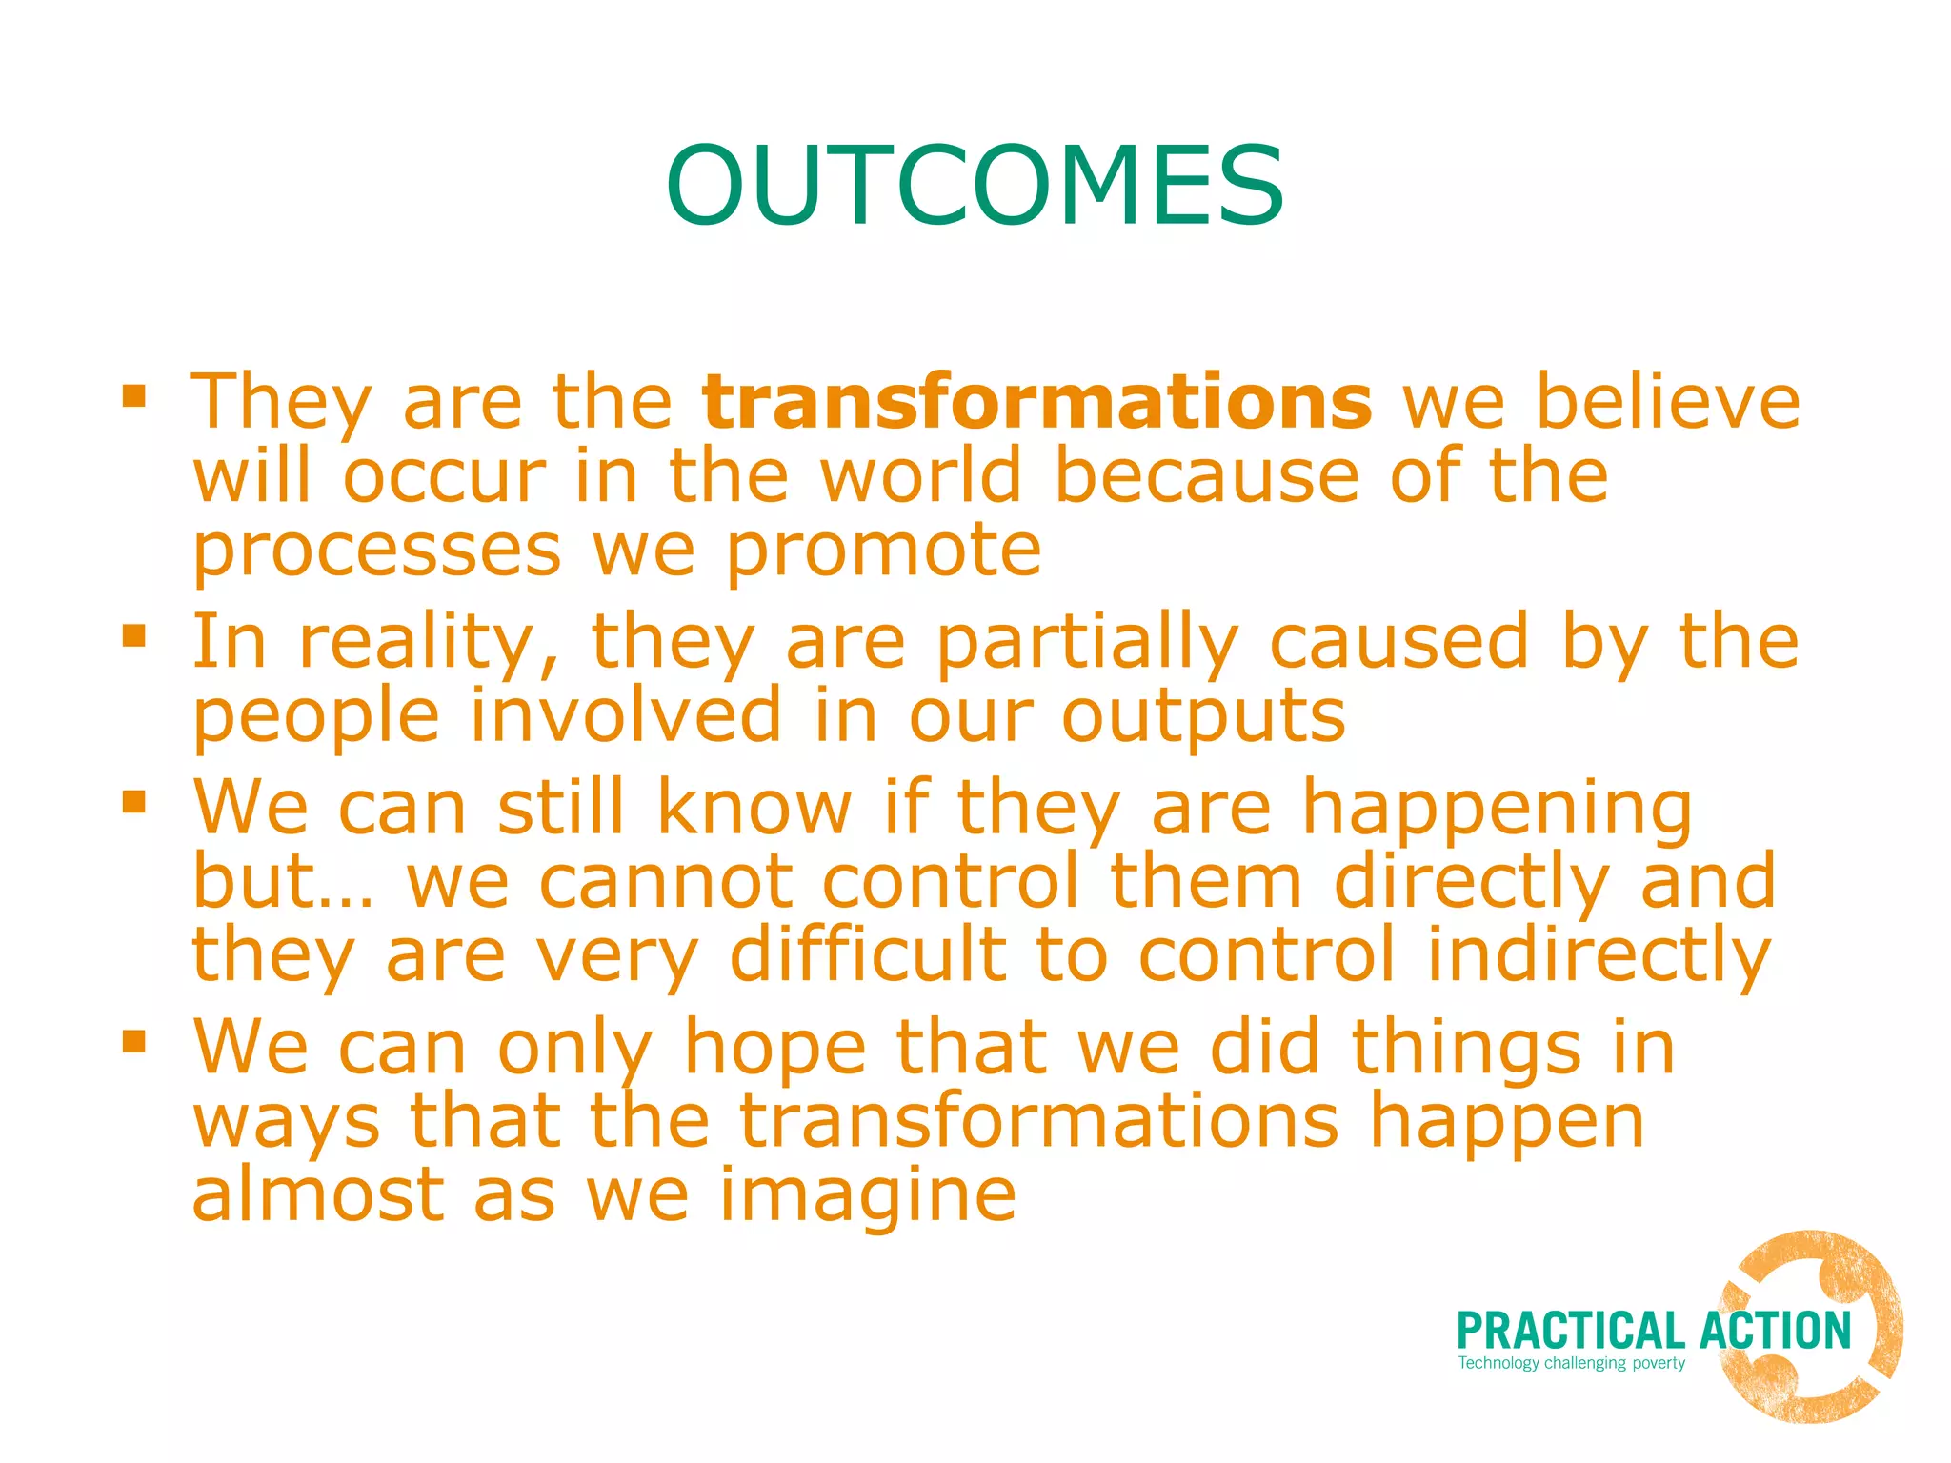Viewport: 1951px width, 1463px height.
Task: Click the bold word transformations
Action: [x=1036, y=402]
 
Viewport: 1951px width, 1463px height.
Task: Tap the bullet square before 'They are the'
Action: [x=134, y=395]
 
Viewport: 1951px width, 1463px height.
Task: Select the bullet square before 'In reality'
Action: [x=134, y=635]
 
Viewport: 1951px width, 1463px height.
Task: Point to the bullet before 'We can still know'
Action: [x=134, y=801]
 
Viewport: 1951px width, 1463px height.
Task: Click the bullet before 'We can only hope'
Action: [x=134, y=1041]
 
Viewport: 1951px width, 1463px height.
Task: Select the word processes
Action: [x=377, y=552]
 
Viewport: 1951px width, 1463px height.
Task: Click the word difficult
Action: [x=867, y=955]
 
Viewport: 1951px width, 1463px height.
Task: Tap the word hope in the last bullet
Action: [x=774, y=1048]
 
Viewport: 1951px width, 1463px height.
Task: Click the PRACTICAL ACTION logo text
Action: [x=1653, y=1331]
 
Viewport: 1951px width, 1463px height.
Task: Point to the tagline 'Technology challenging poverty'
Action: [x=1571, y=1363]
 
